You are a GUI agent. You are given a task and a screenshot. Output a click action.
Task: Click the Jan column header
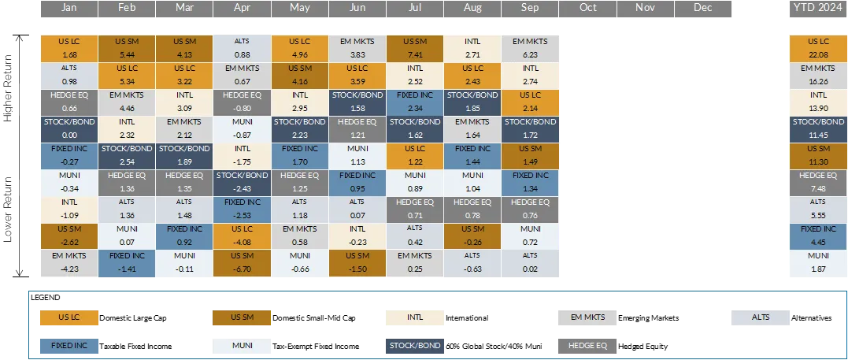click(x=69, y=8)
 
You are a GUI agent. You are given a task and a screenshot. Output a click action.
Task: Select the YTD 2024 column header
click(x=819, y=8)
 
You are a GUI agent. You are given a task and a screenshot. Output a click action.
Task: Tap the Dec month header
click(x=703, y=8)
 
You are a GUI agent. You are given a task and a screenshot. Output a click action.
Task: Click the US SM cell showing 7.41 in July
click(x=415, y=48)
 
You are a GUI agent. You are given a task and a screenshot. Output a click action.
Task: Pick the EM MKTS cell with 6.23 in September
click(x=530, y=48)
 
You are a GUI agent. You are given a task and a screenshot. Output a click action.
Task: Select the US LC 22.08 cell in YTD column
click(x=819, y=48)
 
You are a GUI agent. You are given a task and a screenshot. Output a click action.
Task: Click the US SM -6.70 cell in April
click(x=242, y=264)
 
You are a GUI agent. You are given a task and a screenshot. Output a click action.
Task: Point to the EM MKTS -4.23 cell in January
click(x=69, y=264)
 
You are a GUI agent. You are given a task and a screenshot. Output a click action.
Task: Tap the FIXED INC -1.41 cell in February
click(x=127, y=264)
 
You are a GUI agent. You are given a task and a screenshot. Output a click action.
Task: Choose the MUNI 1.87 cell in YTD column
click(x=819, y=264)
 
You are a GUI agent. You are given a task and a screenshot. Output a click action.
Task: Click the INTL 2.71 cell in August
click(x=472, y=48)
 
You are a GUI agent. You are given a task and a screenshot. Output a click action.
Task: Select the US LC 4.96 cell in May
click(x=300, y=48)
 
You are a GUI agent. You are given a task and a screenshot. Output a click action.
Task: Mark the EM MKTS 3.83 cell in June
click(x=357, y=48)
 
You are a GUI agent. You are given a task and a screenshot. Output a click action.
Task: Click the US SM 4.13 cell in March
click(x=184, y=48)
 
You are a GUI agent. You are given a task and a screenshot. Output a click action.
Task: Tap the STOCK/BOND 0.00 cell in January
click(x=69, y=129)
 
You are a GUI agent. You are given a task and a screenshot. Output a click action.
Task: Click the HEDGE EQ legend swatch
click(x=587, y=346)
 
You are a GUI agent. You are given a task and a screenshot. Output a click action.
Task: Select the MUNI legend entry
click(x=242, y=346)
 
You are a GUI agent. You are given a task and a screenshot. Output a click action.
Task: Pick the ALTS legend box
click(x=761, y=317)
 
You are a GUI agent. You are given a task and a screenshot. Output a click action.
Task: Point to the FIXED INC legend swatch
click(x=69, y=346)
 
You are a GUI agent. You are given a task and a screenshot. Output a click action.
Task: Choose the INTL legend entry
click(x=415, y=317)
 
